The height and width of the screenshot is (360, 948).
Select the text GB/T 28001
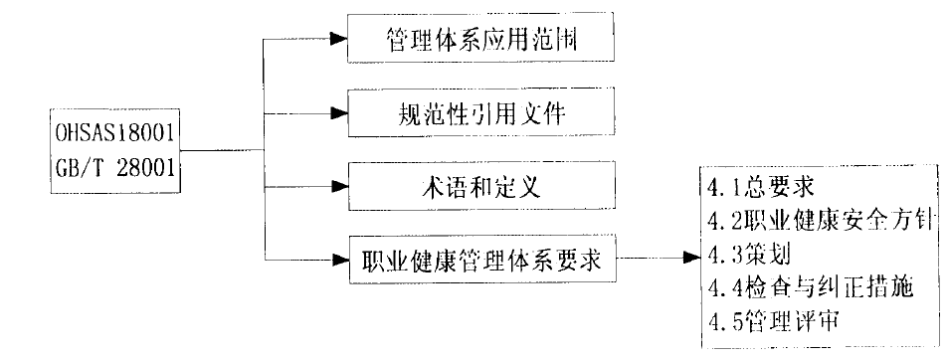116,168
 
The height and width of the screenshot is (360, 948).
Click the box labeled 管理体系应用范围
479,41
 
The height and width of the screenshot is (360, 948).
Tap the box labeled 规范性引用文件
479,113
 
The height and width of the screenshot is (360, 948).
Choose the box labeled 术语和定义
479,187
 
